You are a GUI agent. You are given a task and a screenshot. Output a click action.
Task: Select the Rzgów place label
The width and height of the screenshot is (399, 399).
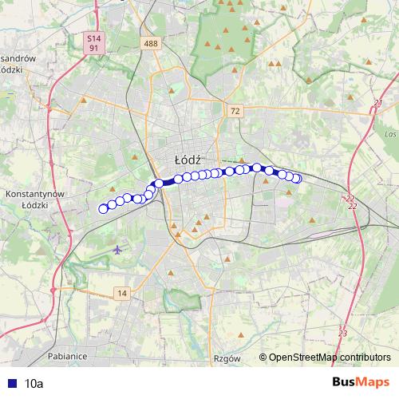coord(227,359)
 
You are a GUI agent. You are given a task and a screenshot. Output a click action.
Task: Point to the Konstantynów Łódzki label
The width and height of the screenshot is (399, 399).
coord(34,199)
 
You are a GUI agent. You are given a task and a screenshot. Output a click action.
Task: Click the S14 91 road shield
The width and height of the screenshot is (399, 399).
coord(94,43)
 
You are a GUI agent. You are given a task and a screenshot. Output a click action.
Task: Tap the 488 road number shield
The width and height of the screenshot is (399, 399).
coord(151,43)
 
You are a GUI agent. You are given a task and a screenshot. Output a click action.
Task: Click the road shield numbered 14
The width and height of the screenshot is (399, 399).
coord(120,294)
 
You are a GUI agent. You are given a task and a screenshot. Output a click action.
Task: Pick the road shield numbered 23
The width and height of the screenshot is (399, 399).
coord(343,332)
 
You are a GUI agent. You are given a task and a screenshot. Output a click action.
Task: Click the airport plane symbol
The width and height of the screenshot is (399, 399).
coord(118,249)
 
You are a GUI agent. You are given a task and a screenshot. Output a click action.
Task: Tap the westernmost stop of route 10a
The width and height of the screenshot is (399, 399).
coord(102,209)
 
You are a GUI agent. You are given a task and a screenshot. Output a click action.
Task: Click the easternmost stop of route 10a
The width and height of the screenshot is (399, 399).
coord(297,179)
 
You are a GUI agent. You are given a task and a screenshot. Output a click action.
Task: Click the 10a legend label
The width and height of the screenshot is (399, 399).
coord(34,383)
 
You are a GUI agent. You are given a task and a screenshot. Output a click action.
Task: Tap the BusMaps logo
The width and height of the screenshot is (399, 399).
coord(361,383)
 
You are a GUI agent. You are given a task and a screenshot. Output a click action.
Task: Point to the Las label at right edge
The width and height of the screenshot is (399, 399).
coord(390,134)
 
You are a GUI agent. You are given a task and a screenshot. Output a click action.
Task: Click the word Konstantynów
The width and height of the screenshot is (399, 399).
coord(34,194)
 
